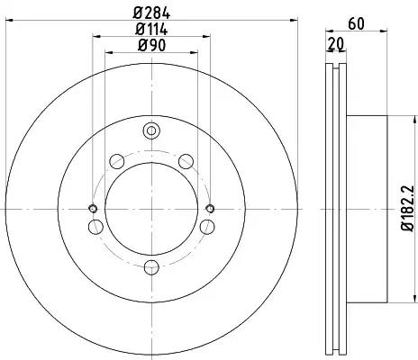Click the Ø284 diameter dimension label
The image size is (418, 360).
coord(151,13)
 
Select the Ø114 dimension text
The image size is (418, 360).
coord(151,30)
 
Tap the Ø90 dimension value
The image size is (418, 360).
coord(151,46)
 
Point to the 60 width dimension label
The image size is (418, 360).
coord(357,23)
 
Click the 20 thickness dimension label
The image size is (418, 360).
coord(335,44)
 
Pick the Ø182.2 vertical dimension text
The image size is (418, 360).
coord(408,209)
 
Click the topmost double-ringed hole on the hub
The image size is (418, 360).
coord(151,130)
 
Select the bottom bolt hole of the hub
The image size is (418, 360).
coord(151,267)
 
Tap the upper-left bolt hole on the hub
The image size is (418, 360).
coord(117,161)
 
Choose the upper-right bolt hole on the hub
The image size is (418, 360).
coord(186,161)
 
